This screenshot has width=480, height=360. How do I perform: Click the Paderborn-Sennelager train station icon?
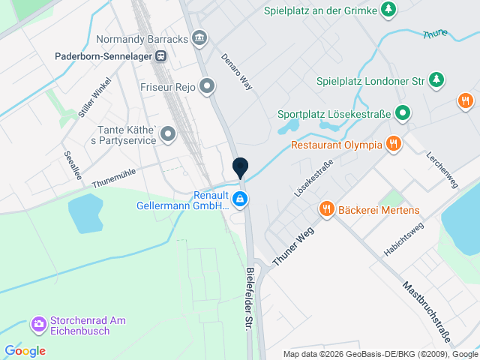coord(160,55)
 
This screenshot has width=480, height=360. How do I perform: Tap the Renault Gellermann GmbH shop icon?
coord(240,199)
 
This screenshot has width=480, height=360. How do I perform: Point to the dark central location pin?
coord(240,166)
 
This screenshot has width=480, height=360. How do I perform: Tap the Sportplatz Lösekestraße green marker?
coord(403,114)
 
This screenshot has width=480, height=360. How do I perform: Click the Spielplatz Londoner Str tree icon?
coord(437,79)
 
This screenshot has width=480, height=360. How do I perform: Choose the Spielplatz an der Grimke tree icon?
coord(388,10)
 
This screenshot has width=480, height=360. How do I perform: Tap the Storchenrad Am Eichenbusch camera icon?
coord(37,325)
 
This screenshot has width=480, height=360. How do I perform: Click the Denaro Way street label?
coord(236,72)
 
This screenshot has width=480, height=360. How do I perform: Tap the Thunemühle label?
coord(114,178)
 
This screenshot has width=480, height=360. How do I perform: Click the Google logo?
coord(25,350)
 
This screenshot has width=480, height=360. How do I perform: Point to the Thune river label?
coord(436,34)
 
